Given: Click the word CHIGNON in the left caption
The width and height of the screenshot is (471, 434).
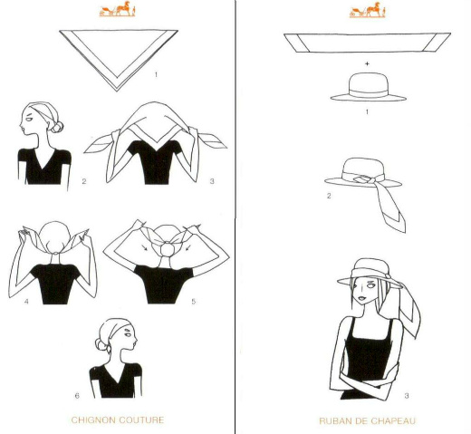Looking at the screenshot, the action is (93, 420).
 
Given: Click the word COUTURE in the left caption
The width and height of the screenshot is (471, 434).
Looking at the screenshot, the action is (141, 420).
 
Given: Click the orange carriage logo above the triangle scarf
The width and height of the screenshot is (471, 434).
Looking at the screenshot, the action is (117, 9).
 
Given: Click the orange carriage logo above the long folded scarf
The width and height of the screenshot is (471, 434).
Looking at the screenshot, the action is (367, 10).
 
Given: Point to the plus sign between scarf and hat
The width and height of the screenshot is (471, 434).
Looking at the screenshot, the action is (367, 63).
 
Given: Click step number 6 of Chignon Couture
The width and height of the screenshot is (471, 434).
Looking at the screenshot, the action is (77, 396).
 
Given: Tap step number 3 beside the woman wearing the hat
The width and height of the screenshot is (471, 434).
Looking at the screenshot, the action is (407, 396).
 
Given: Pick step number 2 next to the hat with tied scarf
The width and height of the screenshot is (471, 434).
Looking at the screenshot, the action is (329, 196).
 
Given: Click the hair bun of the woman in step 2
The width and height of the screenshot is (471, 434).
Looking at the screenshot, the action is (57, 127).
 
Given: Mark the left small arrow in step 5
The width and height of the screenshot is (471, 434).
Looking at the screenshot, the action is (145, 247).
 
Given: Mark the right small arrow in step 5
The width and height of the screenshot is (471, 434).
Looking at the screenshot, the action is (188, 247).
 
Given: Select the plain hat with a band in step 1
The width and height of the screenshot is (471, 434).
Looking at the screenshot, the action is (368, 87).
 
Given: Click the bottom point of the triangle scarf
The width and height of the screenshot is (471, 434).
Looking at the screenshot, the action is (117, 91).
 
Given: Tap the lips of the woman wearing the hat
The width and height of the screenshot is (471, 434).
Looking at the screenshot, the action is (361, 298).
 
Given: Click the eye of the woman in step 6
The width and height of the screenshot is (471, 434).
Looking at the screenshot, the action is (128, 334).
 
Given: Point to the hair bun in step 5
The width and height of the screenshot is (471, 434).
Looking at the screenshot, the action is (166, 249).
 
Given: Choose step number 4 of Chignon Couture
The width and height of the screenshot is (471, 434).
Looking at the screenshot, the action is (26, 302).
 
